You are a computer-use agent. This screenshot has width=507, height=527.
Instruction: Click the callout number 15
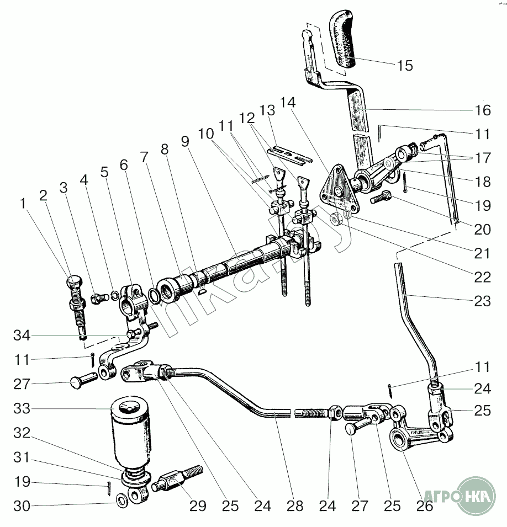[404, 66]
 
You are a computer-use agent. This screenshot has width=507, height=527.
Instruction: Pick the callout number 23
[482, 301]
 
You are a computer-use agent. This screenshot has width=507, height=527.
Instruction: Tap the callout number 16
[482, 110]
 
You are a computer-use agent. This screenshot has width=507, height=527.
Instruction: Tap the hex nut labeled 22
[335, 219]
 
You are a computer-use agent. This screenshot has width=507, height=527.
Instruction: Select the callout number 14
[288, 103]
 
